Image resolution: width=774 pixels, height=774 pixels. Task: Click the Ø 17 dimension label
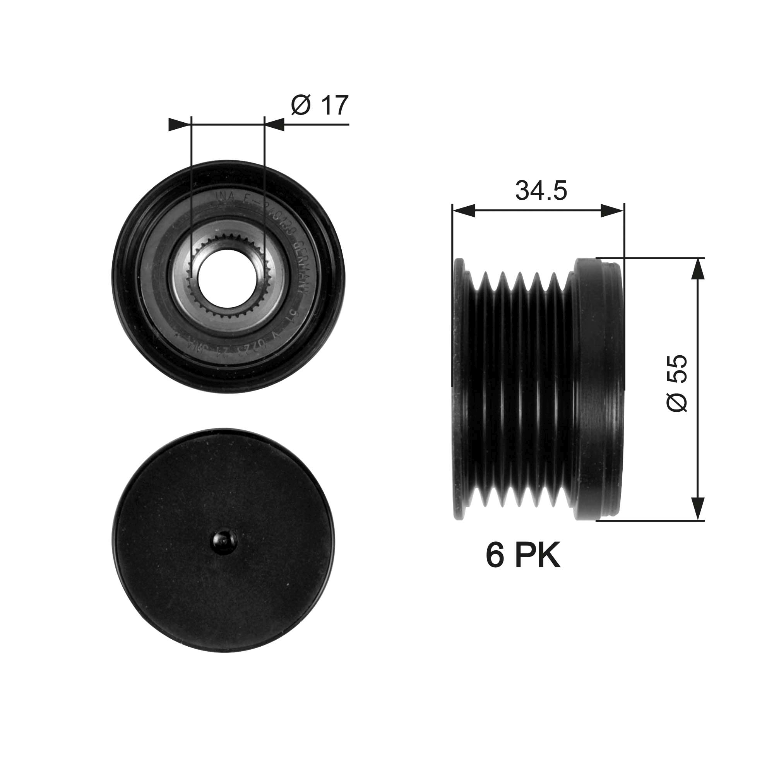320,105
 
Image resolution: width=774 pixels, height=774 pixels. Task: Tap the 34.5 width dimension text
541,191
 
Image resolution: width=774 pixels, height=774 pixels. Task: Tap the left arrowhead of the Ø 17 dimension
179,125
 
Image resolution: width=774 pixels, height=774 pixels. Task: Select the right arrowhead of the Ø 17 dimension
275,125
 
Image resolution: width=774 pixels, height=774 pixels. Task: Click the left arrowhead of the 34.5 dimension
464,211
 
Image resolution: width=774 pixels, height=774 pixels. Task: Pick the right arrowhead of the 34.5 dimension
613,211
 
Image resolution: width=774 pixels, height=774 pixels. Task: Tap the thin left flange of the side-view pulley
459,389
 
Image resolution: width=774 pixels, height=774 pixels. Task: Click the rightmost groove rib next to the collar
553,389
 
